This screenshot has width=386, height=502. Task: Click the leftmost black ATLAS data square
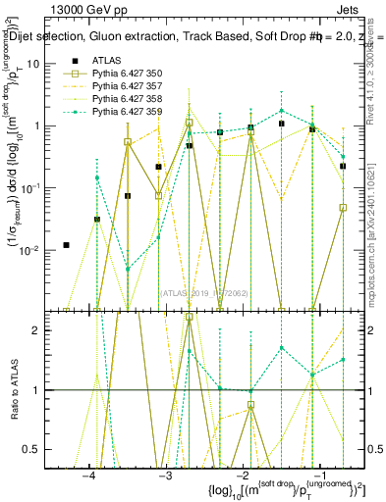[66, 245]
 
